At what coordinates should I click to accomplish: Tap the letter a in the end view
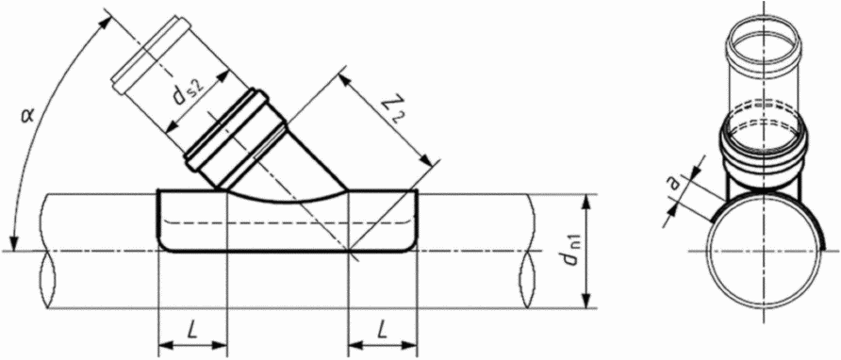tap(675, 184)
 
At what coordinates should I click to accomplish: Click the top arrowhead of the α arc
tap(106, 19)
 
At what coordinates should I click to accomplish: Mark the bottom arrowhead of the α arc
tap(13, 242)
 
